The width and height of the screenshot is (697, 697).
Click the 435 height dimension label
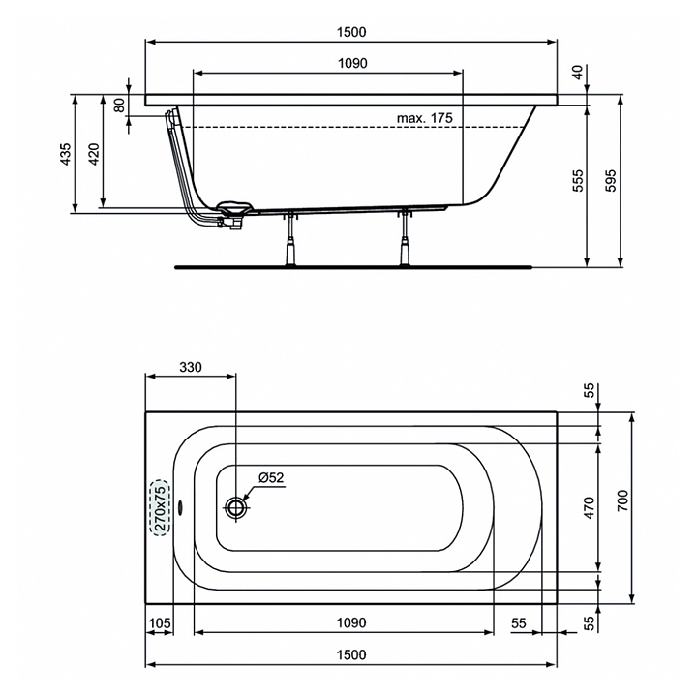click(x=66, y=154)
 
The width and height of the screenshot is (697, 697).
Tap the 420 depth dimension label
click(x=94, y=154)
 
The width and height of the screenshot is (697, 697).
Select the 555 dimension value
click(x=578, y=180)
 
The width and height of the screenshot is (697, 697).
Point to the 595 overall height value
click(x=612, y=180)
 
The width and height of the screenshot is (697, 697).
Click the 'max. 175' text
click(x=425, y=118)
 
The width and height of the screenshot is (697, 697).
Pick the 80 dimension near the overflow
click(x=119, y=105)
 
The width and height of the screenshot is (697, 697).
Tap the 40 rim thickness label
click(x=577, y=72)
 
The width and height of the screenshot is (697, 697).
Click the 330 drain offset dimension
click(x=191, y=367)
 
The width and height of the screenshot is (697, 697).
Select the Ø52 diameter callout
click(x=271, y=477)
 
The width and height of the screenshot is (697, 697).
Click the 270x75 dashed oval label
click(x=161, y=508)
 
